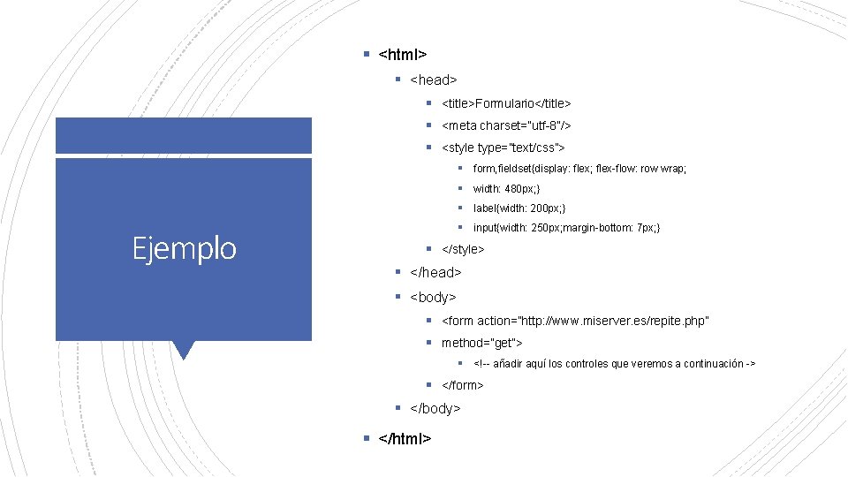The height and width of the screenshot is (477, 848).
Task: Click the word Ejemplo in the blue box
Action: tap(185, 248)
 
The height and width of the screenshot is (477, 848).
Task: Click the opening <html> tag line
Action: tap(403, 56)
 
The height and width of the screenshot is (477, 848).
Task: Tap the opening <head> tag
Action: tap(434, 80)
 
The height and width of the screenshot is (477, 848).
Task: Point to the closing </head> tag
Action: tap(435, 273)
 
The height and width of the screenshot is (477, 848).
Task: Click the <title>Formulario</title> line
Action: tap(506, 104)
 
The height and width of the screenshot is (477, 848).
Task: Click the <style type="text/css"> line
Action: tap(503, 148)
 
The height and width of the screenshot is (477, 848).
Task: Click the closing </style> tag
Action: tap(463, 250)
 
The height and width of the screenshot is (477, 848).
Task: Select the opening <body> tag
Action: tap(434, 297)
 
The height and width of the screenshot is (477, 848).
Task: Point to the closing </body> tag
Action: tap(435, 408)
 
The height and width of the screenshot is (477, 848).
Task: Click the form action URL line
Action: tap(575, 320)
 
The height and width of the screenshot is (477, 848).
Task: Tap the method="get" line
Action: tap(482, 343)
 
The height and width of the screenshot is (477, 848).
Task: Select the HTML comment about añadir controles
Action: tap(614, 364)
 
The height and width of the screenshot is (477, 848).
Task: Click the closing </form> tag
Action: tap(462, 385)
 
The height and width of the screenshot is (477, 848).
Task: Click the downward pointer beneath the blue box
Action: tap(184, 350)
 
